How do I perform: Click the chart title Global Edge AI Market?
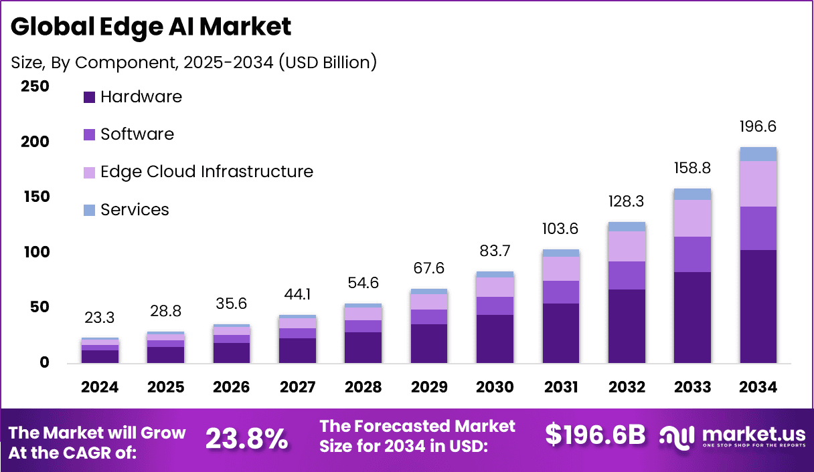click(x=151, y=27)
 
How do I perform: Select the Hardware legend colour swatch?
click(x=90, y=97)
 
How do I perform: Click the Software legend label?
click(x=137, y=134)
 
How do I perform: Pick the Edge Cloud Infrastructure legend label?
click(x=206, y=172)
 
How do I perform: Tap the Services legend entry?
click(x=134, y=210)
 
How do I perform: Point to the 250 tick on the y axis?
click(x=35, y=87)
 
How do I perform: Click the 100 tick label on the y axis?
click(x=35, y=252)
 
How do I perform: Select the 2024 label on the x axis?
click(x=100, y=388)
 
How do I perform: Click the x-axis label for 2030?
click(x=495, y=388)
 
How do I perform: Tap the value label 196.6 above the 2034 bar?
click(x=758, y=127)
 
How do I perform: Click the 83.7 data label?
click(x=495, y=251)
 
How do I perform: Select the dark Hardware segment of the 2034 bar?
click(x=758, y=306)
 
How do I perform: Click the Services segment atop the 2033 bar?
click(x=692, y=194)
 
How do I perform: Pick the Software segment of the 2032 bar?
click(x=627, y=275)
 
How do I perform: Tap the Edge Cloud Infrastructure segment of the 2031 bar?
click(x=560, y=268)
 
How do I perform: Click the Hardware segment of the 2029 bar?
click(x=428, y=343)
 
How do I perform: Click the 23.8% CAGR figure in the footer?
click(x=246, y=439)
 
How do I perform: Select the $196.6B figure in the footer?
click(x=595, y=435)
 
